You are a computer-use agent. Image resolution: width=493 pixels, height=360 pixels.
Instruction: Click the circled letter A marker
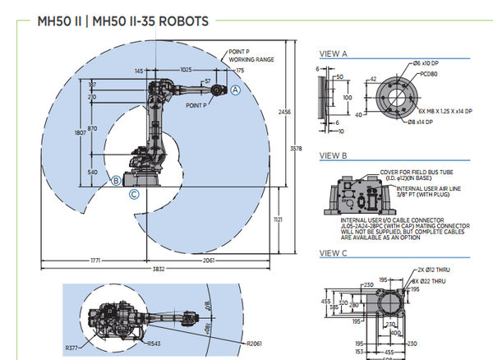235,90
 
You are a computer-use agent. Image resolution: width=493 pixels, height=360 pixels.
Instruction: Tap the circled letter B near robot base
117,179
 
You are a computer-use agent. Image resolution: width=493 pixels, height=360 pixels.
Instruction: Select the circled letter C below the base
134,194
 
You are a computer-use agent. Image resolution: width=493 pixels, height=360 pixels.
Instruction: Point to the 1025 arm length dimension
187,72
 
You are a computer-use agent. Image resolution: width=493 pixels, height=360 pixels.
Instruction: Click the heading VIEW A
334,54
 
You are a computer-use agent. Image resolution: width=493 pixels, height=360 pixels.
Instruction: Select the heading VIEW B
334,155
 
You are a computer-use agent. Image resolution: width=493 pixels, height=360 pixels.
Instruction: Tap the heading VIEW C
334,252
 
